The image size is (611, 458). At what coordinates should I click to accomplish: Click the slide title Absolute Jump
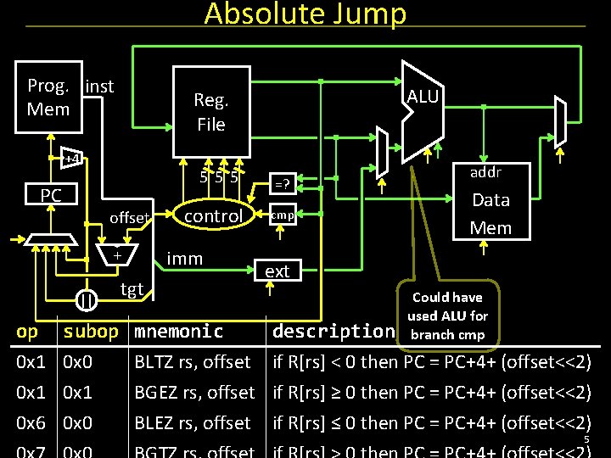pyautogui.click(x=305, y=14)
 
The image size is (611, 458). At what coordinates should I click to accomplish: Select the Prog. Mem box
pyautogui.click(x=48, y=98)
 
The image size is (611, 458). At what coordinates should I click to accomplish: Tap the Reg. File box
pyautogui.click(x=211, y=112)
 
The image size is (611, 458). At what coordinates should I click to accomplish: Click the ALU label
pyautogui.click(x=423, y=97)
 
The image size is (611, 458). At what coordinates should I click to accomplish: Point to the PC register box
pyautogui.click(x=51, y=196)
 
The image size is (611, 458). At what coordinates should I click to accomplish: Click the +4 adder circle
pyautogui.click(x=73, y=159)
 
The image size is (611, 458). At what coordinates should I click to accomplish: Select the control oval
pyautogui.click(x=213, y=216)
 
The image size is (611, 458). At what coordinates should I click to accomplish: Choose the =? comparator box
pyautogui.click(x=282, y=183)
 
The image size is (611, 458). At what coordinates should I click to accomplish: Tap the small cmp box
pyautogui.click(x=282, y=215)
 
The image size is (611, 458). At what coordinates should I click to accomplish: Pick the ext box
pyautogui.click(x=277, y=271)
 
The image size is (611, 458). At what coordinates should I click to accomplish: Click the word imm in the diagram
pyautogui.click(x=184, y=259)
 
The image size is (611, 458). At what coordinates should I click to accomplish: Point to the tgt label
pyautogui.click(x=132, y=289)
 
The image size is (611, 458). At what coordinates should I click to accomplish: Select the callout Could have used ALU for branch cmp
pyautogui.click(x=447, y=316)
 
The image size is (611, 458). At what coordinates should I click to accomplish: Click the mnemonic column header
pyautogui.click(x=179, y=332)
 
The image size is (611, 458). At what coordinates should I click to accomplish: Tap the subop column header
pyautogui.click(x=91, y=332)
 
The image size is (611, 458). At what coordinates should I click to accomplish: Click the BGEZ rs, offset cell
pyautogui.click(x=194, y=393)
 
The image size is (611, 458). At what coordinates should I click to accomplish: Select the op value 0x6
pyautogui.click(x=31, y=422)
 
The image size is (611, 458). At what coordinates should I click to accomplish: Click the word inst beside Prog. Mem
pyautogui.click(x=99, y=86)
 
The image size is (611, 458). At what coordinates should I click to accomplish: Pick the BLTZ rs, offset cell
pyautogui.click(x=193, y=363)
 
